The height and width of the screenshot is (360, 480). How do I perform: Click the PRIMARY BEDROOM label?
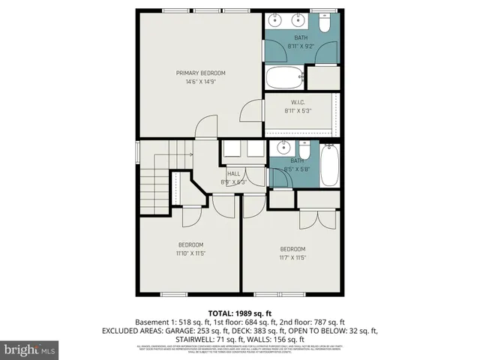[x=200, y=73]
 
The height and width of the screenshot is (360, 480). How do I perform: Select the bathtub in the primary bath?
[x=284, y=76]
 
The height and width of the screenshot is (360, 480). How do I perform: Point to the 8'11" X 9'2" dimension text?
[x=301, y=46]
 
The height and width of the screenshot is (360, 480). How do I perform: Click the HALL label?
[x=233, y=173]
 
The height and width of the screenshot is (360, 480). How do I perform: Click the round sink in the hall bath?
[x=283, y=147]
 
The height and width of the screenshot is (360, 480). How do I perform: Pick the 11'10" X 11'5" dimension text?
[x=190, y=253]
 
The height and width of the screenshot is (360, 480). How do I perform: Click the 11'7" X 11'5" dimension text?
[x=293, y=257]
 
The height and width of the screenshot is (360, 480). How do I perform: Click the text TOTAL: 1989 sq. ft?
[x=239, y=313]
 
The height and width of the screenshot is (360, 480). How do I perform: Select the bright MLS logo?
[x=30, y=349]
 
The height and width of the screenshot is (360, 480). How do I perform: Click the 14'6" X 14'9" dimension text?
[x=200, y=81]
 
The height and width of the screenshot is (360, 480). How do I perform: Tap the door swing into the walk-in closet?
[x=248, y=112]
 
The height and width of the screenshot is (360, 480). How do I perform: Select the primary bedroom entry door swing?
[x=205, y=127]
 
